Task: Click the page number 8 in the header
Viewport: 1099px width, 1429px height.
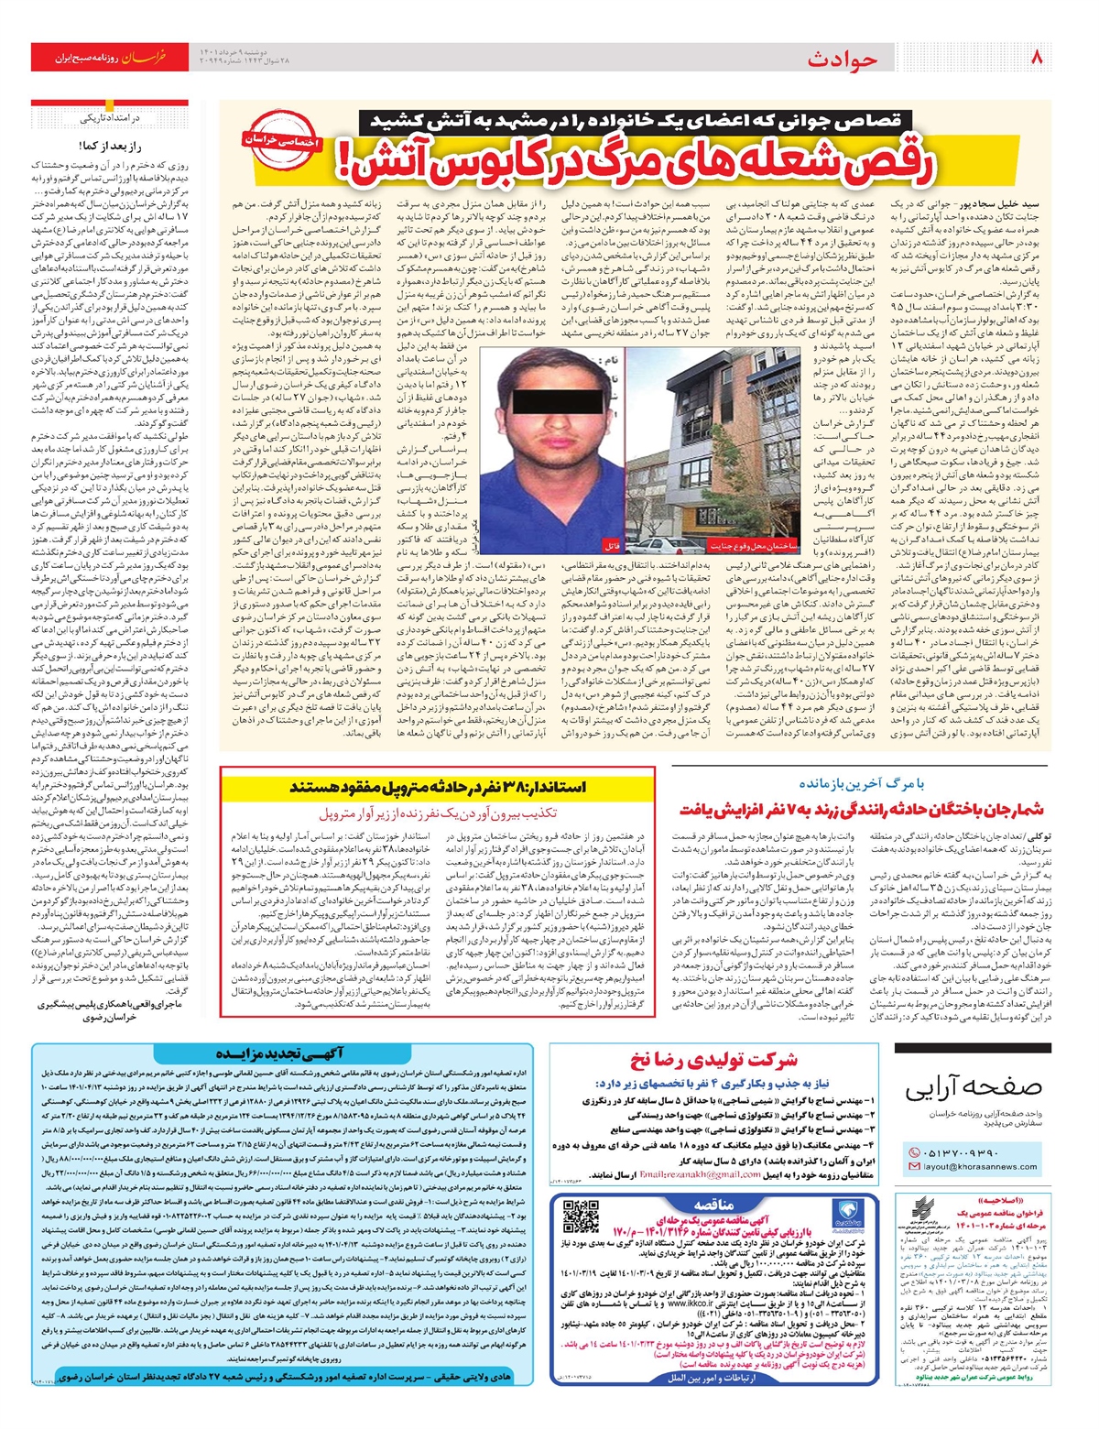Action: click(x=1037, y=57)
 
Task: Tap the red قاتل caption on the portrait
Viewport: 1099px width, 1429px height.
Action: click(x=611, y=545)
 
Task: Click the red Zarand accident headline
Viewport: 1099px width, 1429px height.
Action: click(x=861, y=810)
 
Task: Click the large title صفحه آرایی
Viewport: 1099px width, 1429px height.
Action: click(x=974, y=1087)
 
